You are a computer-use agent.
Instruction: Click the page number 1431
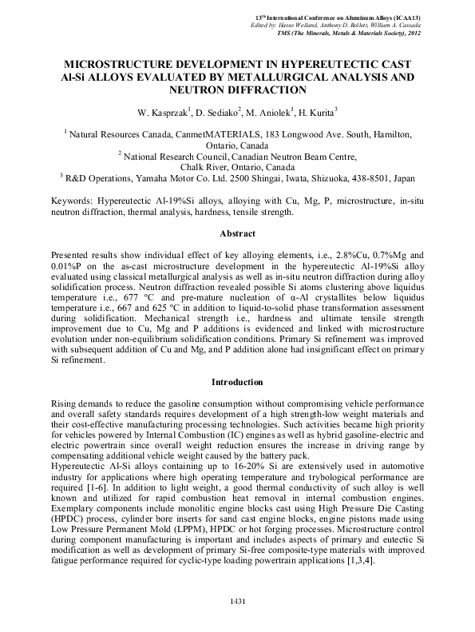point(237,600)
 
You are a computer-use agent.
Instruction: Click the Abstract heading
point(237,233)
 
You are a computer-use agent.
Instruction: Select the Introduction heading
point(237,382)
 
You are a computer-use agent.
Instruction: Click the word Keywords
point(73,201)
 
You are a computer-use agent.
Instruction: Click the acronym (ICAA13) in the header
point(405,17)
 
